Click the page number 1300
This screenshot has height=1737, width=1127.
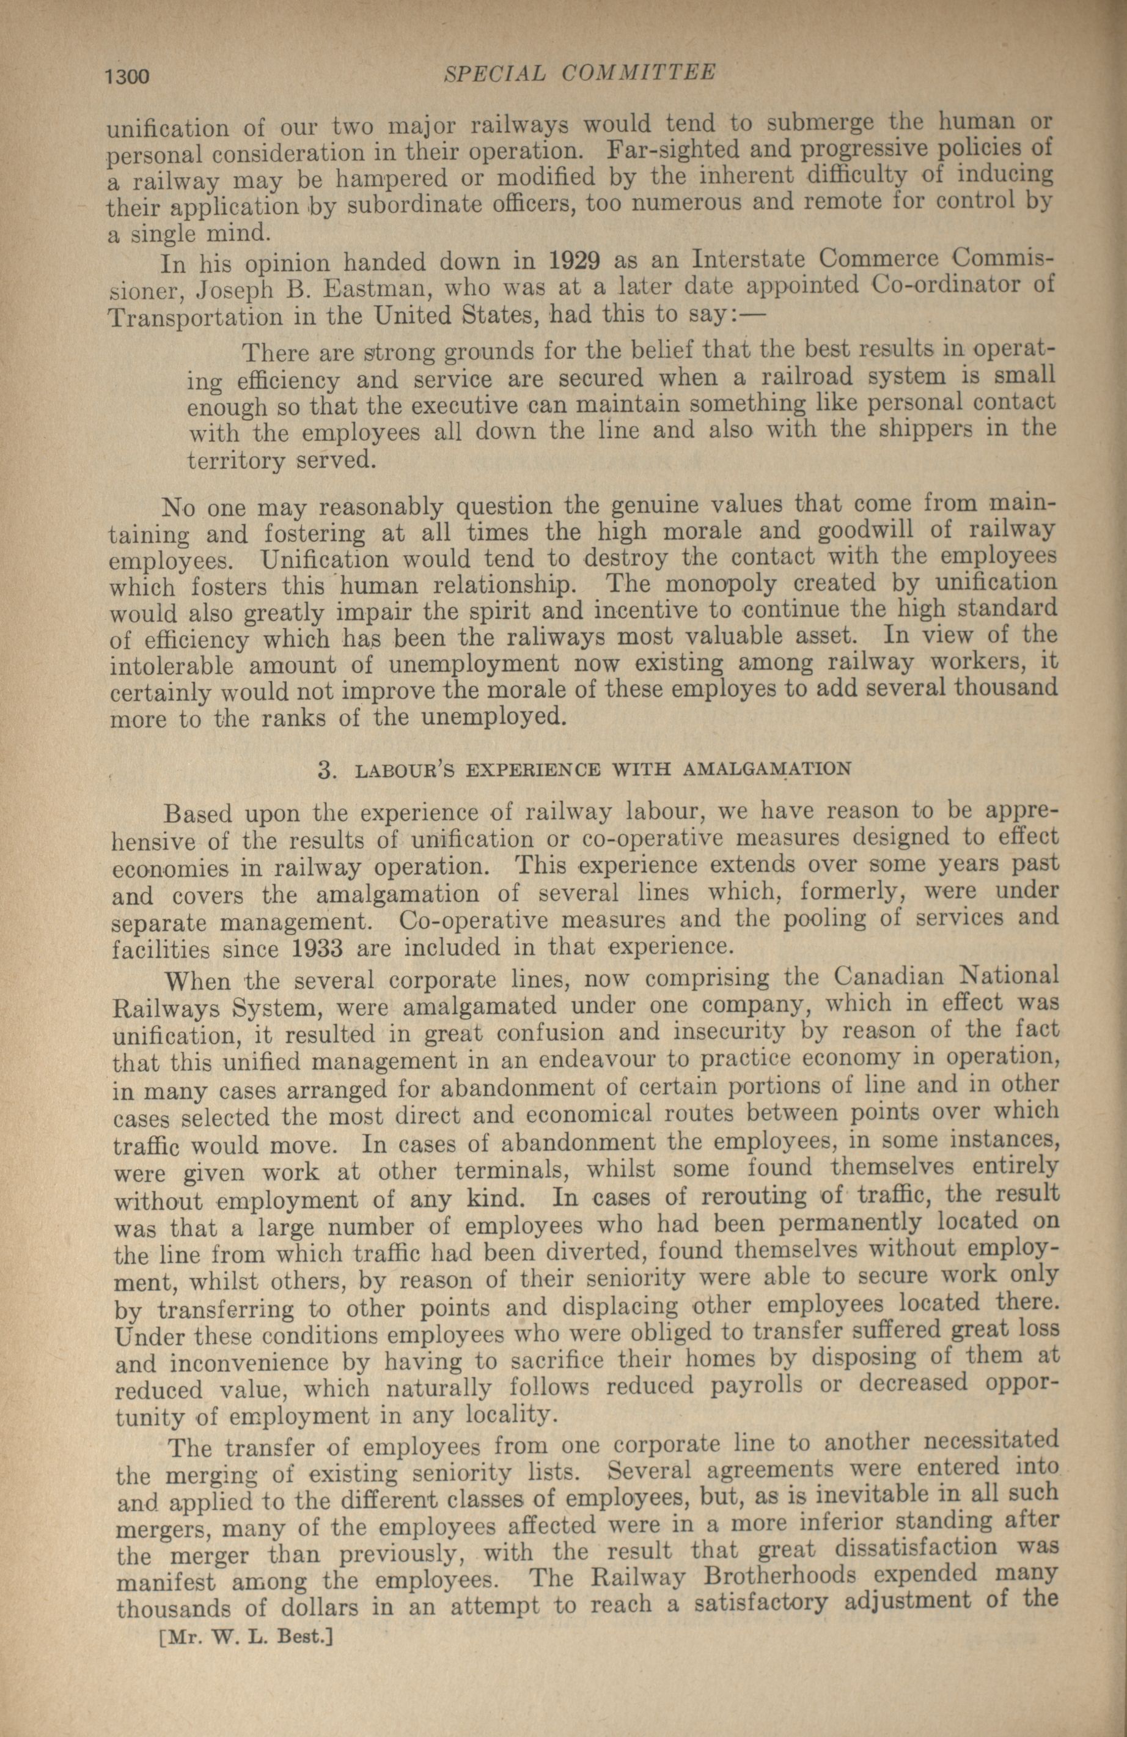pos(128,76)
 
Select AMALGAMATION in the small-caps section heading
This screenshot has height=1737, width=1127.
pos(766,769)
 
